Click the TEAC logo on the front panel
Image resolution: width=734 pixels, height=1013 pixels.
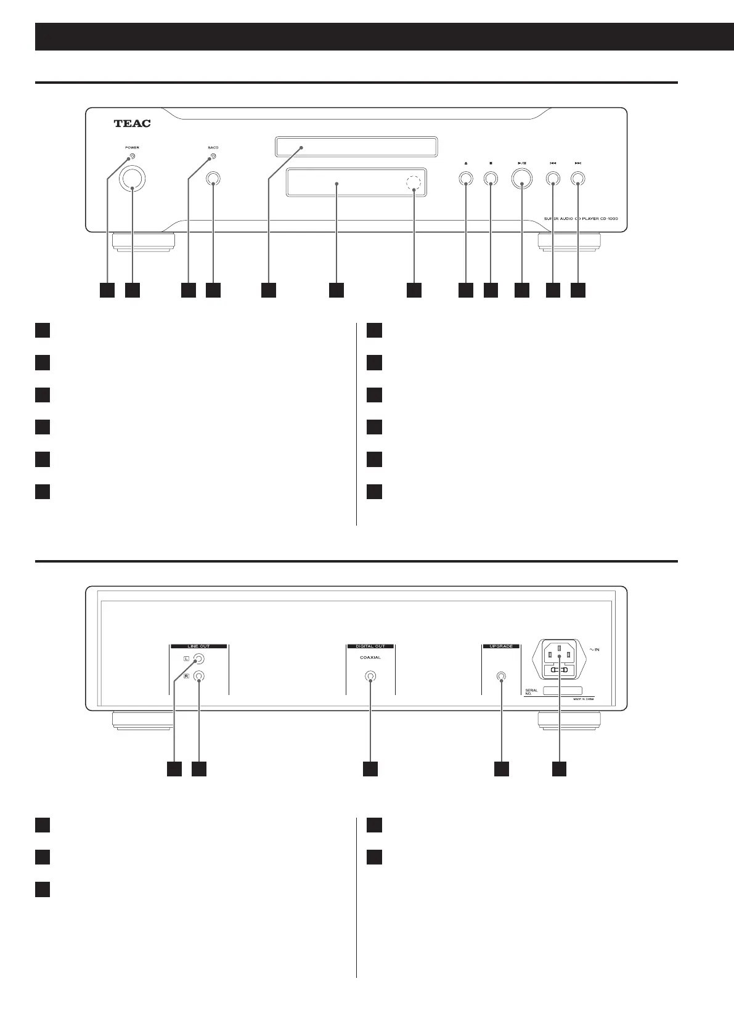133,123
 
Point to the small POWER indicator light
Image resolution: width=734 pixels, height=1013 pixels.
133,157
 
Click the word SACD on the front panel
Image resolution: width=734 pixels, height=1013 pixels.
213,148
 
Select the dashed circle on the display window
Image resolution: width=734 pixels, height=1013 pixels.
415,184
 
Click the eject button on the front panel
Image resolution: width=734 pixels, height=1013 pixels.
465,179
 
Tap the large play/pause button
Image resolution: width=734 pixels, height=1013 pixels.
522,179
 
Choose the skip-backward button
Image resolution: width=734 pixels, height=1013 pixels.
553,179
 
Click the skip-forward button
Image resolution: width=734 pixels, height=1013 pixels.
577,179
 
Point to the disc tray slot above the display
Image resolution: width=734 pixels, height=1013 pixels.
356,148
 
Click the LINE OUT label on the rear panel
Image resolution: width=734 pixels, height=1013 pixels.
198,646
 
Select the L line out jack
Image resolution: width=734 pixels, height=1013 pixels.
198,659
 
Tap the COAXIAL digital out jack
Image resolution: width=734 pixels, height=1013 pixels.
370,676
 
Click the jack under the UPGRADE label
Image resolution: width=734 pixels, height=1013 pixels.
502,676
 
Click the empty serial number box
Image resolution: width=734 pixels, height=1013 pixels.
562,691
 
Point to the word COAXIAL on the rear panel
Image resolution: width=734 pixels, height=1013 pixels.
370,657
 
